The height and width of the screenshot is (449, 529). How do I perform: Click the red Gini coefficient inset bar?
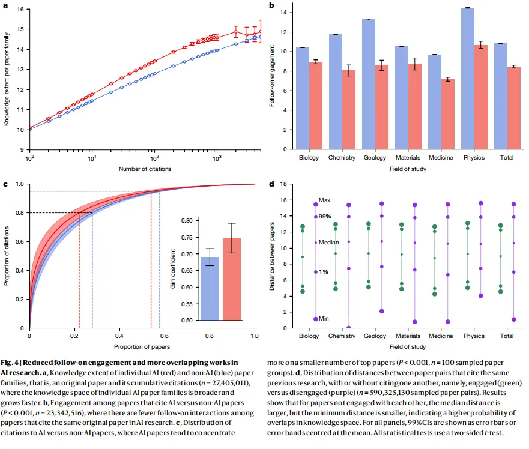point(232,279)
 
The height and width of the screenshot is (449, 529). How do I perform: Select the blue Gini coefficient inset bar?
point(209,289)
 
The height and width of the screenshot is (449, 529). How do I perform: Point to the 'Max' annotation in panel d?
point(324,200)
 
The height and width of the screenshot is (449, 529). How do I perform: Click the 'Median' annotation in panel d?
point(328,243)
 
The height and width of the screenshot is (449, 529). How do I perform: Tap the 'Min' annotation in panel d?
point(324,319)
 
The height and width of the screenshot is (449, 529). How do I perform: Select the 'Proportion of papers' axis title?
point(142,346)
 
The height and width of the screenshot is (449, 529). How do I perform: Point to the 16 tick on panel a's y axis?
point(21,10)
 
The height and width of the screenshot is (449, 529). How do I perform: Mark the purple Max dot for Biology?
point(316,205)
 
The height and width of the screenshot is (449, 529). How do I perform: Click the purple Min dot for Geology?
point(381,311)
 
